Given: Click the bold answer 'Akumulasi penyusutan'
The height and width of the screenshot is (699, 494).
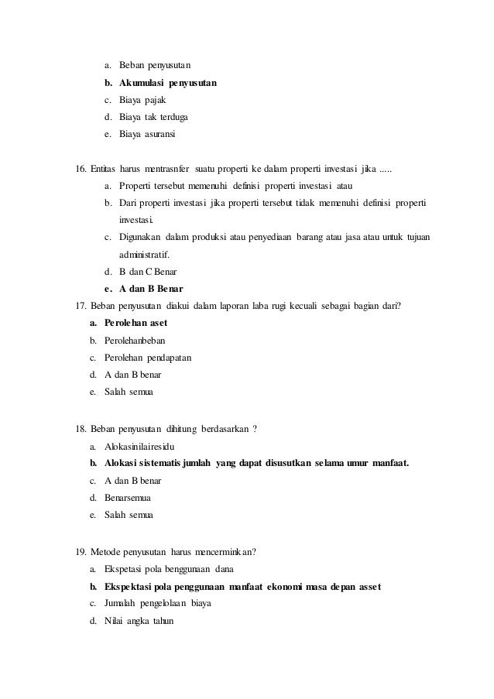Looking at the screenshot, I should pos(168,83).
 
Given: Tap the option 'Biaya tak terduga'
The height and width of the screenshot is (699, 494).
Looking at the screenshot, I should pos(153,117).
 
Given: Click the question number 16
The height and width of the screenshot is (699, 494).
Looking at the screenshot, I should pos(81,169).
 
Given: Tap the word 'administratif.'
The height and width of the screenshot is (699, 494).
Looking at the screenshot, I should pos(146,254).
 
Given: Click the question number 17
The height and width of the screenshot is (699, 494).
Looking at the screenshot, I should pos(81,306).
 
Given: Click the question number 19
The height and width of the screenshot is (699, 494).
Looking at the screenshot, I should pos(81,552).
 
